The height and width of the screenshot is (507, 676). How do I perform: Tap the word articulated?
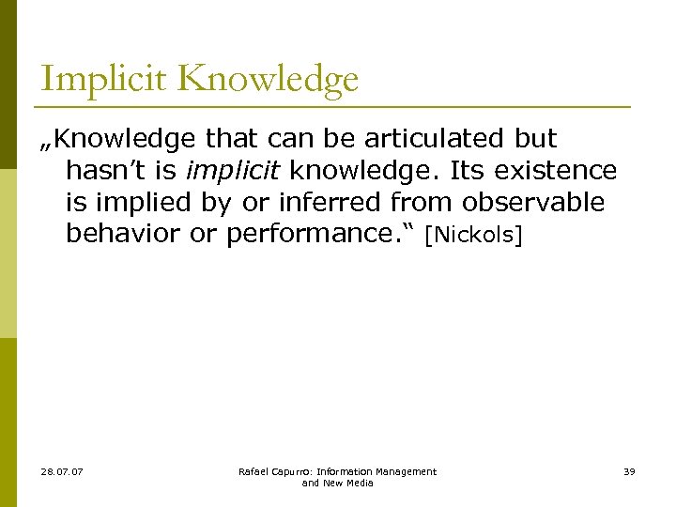pyautogui.click(x=435, y=139)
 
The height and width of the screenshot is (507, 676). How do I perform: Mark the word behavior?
pyautogui.click(x=124, y=234)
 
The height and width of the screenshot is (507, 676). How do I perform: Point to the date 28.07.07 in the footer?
pyautogui.click(x=62, y=471)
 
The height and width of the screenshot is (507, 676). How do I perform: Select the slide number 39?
pyautogui.click(x=628, y=471)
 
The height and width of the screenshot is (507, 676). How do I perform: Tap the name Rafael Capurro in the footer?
pyautogui.click(x=274, y=471)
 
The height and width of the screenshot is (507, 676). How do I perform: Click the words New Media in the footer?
pyautogui.click(x=348, y=483)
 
